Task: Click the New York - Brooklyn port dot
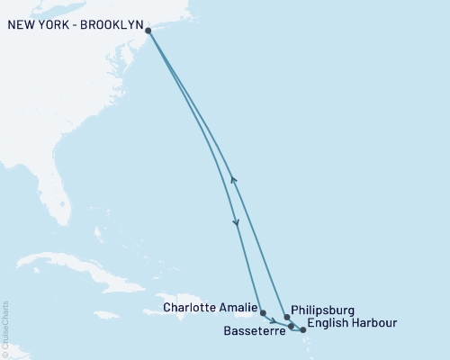148,31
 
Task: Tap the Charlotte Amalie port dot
263,313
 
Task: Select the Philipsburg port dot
286,317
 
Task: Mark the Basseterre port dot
291,325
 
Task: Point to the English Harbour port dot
303,330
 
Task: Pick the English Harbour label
350,322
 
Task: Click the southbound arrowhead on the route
237,224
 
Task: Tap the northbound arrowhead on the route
233,178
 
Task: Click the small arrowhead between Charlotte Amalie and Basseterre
274,320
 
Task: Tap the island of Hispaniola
189,303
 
